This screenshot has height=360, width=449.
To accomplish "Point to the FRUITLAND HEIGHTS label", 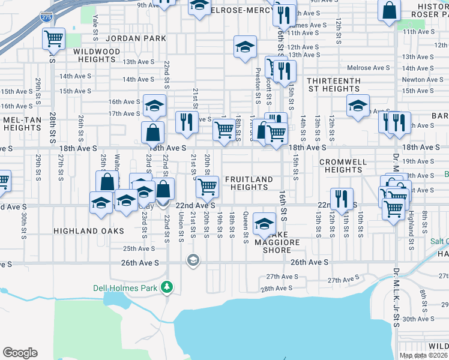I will pos(249,183).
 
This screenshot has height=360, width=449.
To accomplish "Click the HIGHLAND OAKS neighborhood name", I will pos(88,231).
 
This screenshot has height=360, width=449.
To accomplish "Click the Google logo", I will pos(20,353).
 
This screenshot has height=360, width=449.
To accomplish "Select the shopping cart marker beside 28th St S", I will pos(54,39).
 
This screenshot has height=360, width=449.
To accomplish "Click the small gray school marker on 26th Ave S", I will pos(193,260).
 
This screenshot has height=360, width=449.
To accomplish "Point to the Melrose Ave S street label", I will pos(370,68).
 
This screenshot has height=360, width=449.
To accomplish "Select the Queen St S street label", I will pos(246,229).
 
